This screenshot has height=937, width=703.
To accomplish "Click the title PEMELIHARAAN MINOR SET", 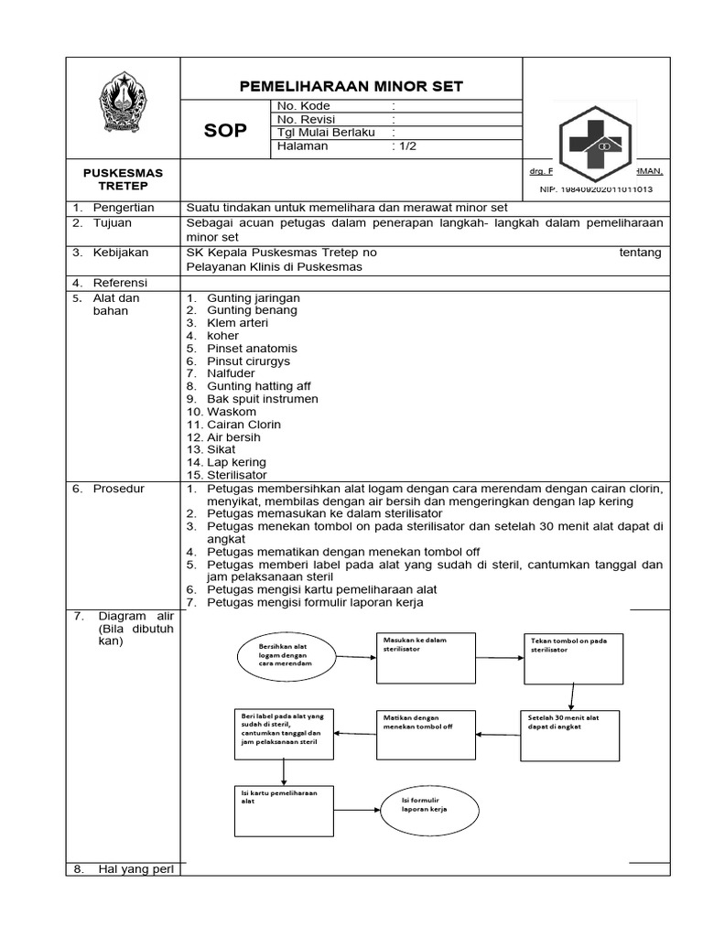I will [x=351, y=87].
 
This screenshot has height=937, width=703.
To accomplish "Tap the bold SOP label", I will [x=224, y=131].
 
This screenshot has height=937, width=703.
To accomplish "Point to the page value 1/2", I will [x=403, y=145].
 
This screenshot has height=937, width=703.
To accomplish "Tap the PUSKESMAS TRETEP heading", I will [x=123, y=179].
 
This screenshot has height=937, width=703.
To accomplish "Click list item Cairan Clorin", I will [x=243, y=425].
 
